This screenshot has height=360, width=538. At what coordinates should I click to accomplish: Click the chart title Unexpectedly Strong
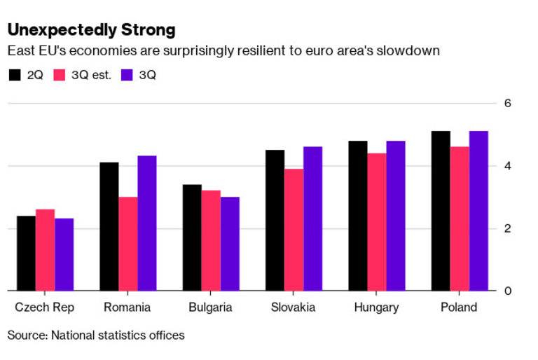[x=91, y=30]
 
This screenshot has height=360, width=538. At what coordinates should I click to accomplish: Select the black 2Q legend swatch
[x=14, y=75]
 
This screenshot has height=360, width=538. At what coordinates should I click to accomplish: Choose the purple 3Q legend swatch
[x=127, y=75]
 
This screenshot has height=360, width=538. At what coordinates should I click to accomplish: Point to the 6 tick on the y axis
[x=508, y=104]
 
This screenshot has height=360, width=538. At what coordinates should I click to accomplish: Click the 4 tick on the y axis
[x=508, y=166]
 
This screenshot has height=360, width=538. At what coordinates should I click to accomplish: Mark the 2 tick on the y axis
[x=508, y=228]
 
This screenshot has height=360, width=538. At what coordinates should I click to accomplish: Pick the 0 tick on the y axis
[x=508, y=291]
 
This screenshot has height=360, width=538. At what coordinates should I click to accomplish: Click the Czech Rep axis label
[x=44, y=307]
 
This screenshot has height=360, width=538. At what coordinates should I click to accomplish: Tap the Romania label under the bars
[x=127, y=307]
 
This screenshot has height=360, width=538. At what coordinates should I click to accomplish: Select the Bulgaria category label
[x=211, y=307]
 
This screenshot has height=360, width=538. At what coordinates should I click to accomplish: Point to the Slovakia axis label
[x=293, y=307]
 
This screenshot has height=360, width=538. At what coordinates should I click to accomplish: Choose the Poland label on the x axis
[x=459, y=307]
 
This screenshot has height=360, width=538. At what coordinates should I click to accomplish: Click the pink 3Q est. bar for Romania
[x=127, y=244]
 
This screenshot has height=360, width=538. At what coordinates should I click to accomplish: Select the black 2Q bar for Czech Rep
[x=26, y=253]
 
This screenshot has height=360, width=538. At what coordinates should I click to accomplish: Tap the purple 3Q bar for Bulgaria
[x=230, y=244]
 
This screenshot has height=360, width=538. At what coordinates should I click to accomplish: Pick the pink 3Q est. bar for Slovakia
[x=294, y=230]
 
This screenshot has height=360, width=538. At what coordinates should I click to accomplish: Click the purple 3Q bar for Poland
[x=478, y=211]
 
